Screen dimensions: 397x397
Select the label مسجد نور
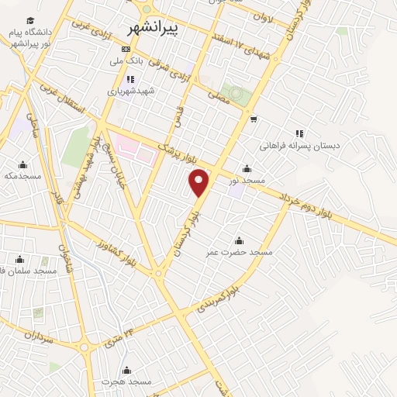246,180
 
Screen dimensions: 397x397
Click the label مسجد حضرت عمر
240,252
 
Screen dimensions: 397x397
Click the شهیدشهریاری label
132,91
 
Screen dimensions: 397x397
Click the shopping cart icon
254,119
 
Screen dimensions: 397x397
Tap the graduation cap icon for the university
30,21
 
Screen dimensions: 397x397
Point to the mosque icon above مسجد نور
247,168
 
